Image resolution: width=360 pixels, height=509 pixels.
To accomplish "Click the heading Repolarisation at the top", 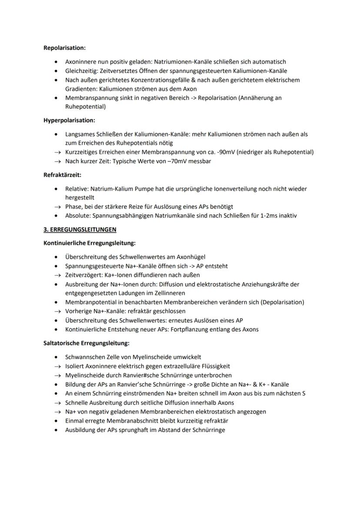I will [x=64, y=48].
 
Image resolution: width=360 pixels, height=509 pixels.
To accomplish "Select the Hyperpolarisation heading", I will [x=69, y=120].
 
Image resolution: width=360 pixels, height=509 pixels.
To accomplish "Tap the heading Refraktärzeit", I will [x=62, y=175].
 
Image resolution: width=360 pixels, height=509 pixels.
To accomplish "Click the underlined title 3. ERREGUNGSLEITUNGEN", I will [x=80, y=229].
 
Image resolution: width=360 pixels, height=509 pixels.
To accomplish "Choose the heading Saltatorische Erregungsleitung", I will [x=87, y=343].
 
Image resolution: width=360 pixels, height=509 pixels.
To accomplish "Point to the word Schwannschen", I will [x=84, y=357].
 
